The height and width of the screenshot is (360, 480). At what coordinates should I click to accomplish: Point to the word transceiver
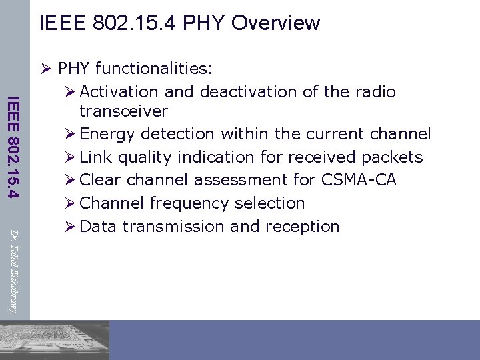[123, 111]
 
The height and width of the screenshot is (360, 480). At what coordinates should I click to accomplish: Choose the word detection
[175, 134]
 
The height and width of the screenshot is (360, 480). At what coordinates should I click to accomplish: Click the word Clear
[101, 180]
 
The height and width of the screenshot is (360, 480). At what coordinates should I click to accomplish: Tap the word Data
[98, 227]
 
